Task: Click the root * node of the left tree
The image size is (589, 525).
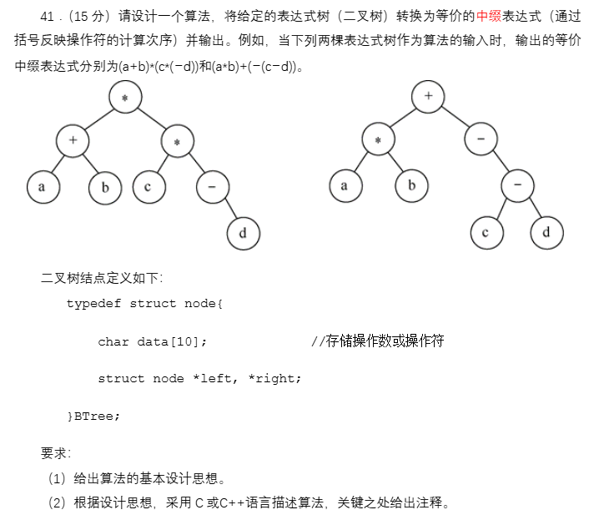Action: (125, 98)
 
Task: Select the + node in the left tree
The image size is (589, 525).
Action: (73, 140)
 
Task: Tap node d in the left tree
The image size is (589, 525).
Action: (243, 232)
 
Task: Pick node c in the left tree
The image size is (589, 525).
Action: (148, 186)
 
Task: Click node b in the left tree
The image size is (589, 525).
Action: (105, 187)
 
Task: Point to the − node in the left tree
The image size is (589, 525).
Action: (213, 187)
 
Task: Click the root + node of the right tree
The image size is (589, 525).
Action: (428, 96)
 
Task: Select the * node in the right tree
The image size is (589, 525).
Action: (378, 139)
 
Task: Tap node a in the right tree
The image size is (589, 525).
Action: (345, 185)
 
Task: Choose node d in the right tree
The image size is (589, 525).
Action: (546, 231)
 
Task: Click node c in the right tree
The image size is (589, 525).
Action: (486, 231)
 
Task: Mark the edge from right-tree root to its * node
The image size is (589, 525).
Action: (403, 118)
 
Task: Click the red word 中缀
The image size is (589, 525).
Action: (488, 16)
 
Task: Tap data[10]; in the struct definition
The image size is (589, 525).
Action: (172, 341)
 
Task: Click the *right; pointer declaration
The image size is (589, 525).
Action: (274, 378)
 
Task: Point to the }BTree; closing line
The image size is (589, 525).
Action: (93, 415)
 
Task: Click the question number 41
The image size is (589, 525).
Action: (47, 16)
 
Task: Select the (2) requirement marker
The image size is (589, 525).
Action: (58, 502)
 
